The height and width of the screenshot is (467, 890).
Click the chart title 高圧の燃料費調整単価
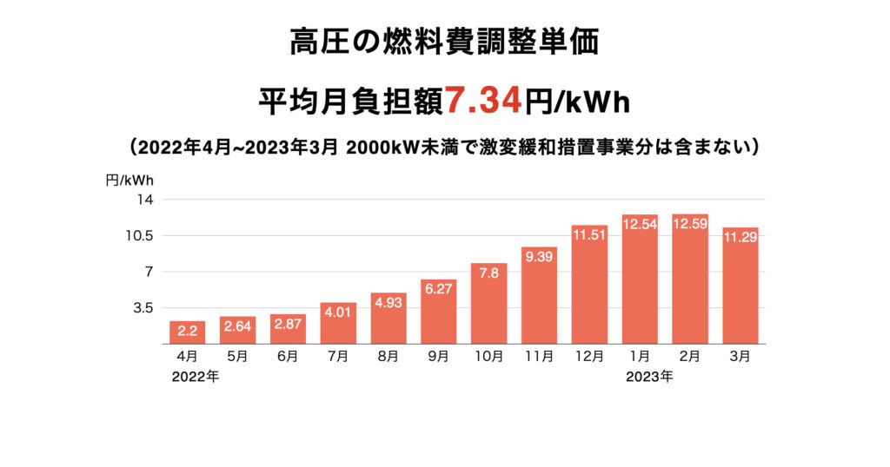444,42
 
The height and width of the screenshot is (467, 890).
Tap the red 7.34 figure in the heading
484,102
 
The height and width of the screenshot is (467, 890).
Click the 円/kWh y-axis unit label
130,180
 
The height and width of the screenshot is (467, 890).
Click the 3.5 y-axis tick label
142,307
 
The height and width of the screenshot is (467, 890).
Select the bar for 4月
187,332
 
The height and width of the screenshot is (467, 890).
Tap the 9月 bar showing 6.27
439,312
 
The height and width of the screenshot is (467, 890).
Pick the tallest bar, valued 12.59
690,279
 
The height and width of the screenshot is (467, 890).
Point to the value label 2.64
237,326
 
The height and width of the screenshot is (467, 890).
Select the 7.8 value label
489,273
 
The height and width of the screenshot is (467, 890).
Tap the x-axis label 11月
539,356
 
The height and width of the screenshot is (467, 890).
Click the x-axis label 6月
288,356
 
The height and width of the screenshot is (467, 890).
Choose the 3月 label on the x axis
741,356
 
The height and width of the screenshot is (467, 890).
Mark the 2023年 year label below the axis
648,377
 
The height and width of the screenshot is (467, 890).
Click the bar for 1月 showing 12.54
640,279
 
